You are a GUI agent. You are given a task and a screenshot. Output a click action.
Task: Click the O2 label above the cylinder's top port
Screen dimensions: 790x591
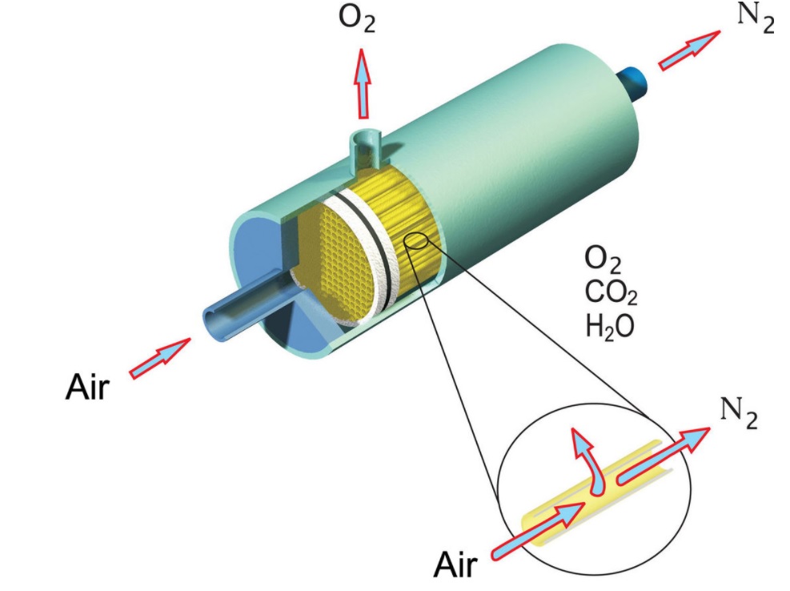click(357, 19)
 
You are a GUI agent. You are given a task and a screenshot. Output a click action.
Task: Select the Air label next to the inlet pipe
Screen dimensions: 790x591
click(87, 388)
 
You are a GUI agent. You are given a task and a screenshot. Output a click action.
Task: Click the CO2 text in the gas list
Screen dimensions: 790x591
click(612, 292)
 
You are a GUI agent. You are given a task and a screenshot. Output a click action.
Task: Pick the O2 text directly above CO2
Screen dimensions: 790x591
click(603, 259)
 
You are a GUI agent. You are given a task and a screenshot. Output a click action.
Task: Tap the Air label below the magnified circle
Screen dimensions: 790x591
click(455, 565)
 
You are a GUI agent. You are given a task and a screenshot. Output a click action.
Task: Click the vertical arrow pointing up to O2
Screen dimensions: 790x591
click(362, 84)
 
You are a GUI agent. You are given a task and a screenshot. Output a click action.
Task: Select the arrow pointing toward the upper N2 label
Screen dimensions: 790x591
click(689, 50)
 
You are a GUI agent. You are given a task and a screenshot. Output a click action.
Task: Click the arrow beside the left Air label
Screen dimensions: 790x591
click(160, 358)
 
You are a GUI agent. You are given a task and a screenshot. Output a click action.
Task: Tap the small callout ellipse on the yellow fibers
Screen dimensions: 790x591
click(416, 241)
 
